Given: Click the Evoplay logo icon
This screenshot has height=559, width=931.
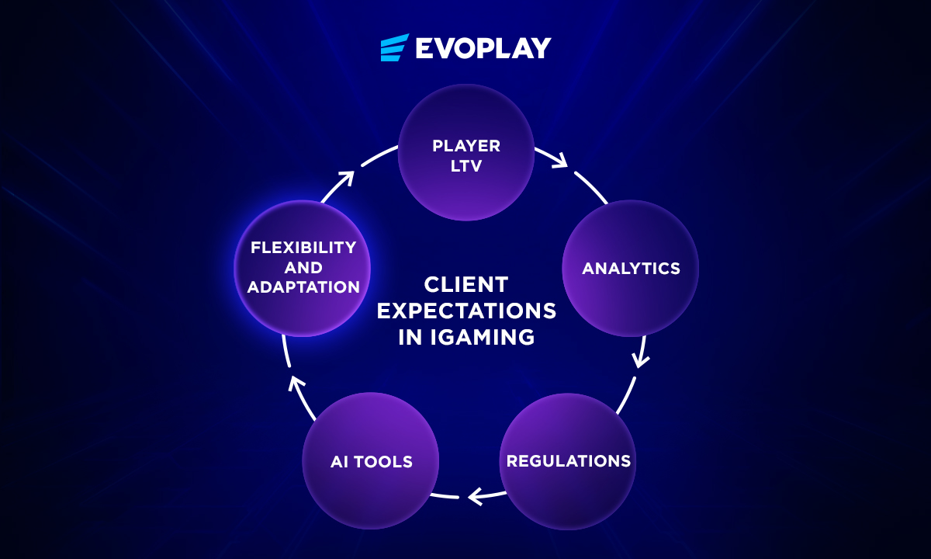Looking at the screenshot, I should pos(394,47).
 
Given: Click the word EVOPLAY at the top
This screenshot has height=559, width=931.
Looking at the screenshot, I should pos(483,48).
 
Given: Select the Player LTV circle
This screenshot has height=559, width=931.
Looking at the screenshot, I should pos(465,153).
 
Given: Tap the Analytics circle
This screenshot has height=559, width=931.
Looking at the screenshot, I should pos(630,269).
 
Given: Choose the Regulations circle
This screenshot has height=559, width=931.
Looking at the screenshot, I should pos(568,461).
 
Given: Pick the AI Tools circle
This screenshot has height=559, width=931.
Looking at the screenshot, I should pos(370,461).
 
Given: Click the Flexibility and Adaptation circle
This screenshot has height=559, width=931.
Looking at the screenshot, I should pos(303,269).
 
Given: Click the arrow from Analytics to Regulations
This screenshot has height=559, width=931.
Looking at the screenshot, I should pos(640,353).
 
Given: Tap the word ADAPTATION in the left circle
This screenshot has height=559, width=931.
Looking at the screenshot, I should pos(303,287).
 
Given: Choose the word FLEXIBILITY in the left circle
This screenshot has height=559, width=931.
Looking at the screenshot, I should pos(303,248).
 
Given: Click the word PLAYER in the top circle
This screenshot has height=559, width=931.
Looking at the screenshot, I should pos(465,145).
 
